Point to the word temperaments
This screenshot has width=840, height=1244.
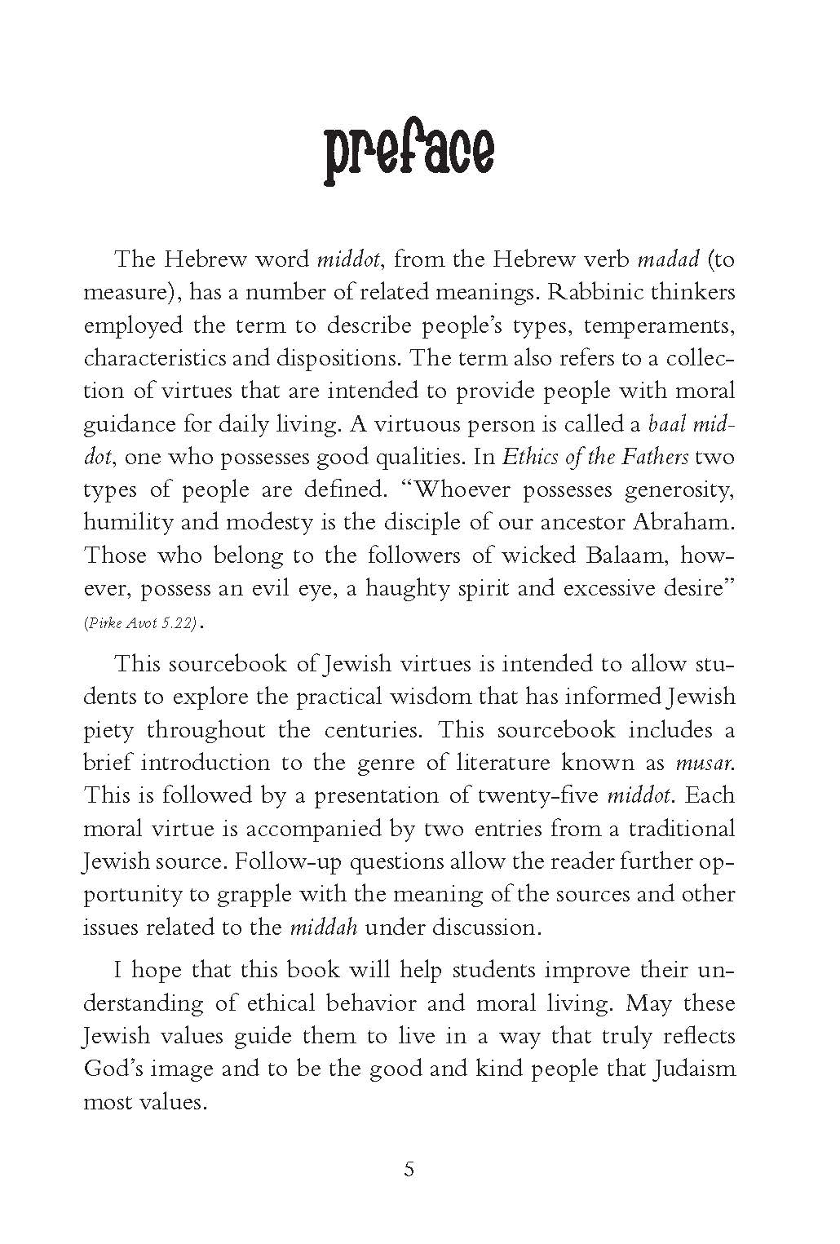pos(660,326)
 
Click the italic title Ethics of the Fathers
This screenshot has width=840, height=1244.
pos(595,457)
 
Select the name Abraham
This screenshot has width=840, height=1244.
pos(683,523)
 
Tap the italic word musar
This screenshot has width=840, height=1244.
pos(705,764)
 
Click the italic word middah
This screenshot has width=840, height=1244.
pos(324,927)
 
